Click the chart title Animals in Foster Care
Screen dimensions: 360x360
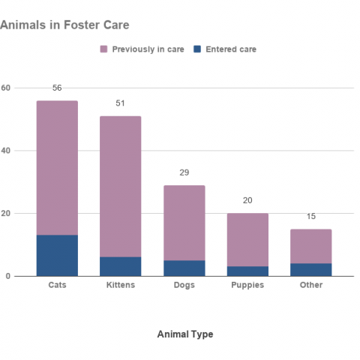pyautogui.click(x=64, y=25)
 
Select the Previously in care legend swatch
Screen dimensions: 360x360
pyautogui.click(x=103, y=49)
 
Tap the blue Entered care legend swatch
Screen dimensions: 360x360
pyautogui.click(x=197, y=49)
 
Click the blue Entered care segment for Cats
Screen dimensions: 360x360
pyautogui.click(x=57, y=256)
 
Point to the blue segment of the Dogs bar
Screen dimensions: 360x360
pyautogui.click(x=184, y=268)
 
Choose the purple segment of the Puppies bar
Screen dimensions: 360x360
pyautogui.click(x=247, y=239)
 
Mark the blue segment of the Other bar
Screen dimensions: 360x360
pyautogui.click(x=311, y=269)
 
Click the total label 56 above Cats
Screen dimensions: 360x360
pyautogui.click(x=57, y=88)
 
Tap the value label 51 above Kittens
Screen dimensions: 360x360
pyautogui.click(x=120, y=103)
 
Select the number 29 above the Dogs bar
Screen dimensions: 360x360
pyautogui.click(x=184, y=172)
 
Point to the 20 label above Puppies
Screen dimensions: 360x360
pyautogui.click(x=247, y=201)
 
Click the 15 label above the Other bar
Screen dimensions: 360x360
pyautogui.click(x=311, y=217)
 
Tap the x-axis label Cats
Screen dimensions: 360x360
pyautogui.click(x=57, y=285)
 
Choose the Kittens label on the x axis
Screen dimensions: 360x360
pyautogui.click(x=120, y=285)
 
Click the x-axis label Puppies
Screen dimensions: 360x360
pyautogui.click(x=247, y=285)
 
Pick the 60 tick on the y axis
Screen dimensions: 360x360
pyautogui.click(x=6, y=88)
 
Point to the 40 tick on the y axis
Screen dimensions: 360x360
pyautogui.click(x=6, y=151)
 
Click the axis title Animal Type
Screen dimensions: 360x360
pyautogui.click(x=184, y=334)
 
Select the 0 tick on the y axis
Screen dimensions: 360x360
pyautogui.click(x=8, y=276)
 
